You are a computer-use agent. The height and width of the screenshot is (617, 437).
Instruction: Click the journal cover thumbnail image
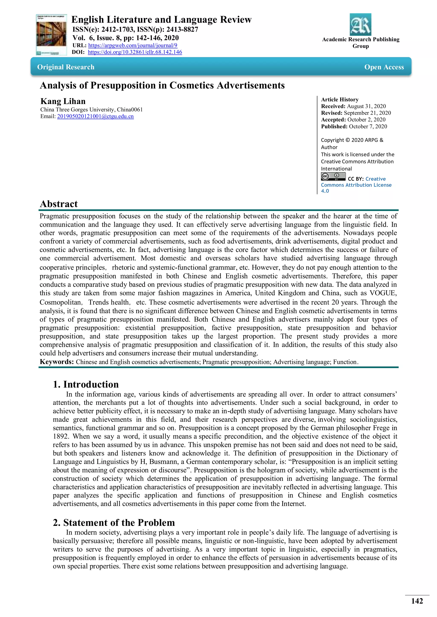pos(51,35)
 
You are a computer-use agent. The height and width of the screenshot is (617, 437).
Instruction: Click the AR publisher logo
pos(360,25)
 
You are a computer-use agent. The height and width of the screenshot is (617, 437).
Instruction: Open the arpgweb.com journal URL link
pos(133,45)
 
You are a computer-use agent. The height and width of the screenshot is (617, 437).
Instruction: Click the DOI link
pos(135,52)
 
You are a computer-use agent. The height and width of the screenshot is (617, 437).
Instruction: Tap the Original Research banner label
pos(66,67)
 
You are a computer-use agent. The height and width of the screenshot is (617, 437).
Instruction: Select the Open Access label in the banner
pos(384,67)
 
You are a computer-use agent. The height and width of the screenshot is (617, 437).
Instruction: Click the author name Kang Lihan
pos(63,101)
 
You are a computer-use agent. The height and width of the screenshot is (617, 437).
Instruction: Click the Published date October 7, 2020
pos(368,126)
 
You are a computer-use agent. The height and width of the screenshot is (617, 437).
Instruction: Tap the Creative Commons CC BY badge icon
pos(333,177)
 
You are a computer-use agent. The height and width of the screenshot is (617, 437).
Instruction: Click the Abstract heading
pos(59,204)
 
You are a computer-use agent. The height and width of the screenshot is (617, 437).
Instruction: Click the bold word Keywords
pos(57,362)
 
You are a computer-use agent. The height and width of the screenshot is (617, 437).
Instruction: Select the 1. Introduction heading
pos(86,384)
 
